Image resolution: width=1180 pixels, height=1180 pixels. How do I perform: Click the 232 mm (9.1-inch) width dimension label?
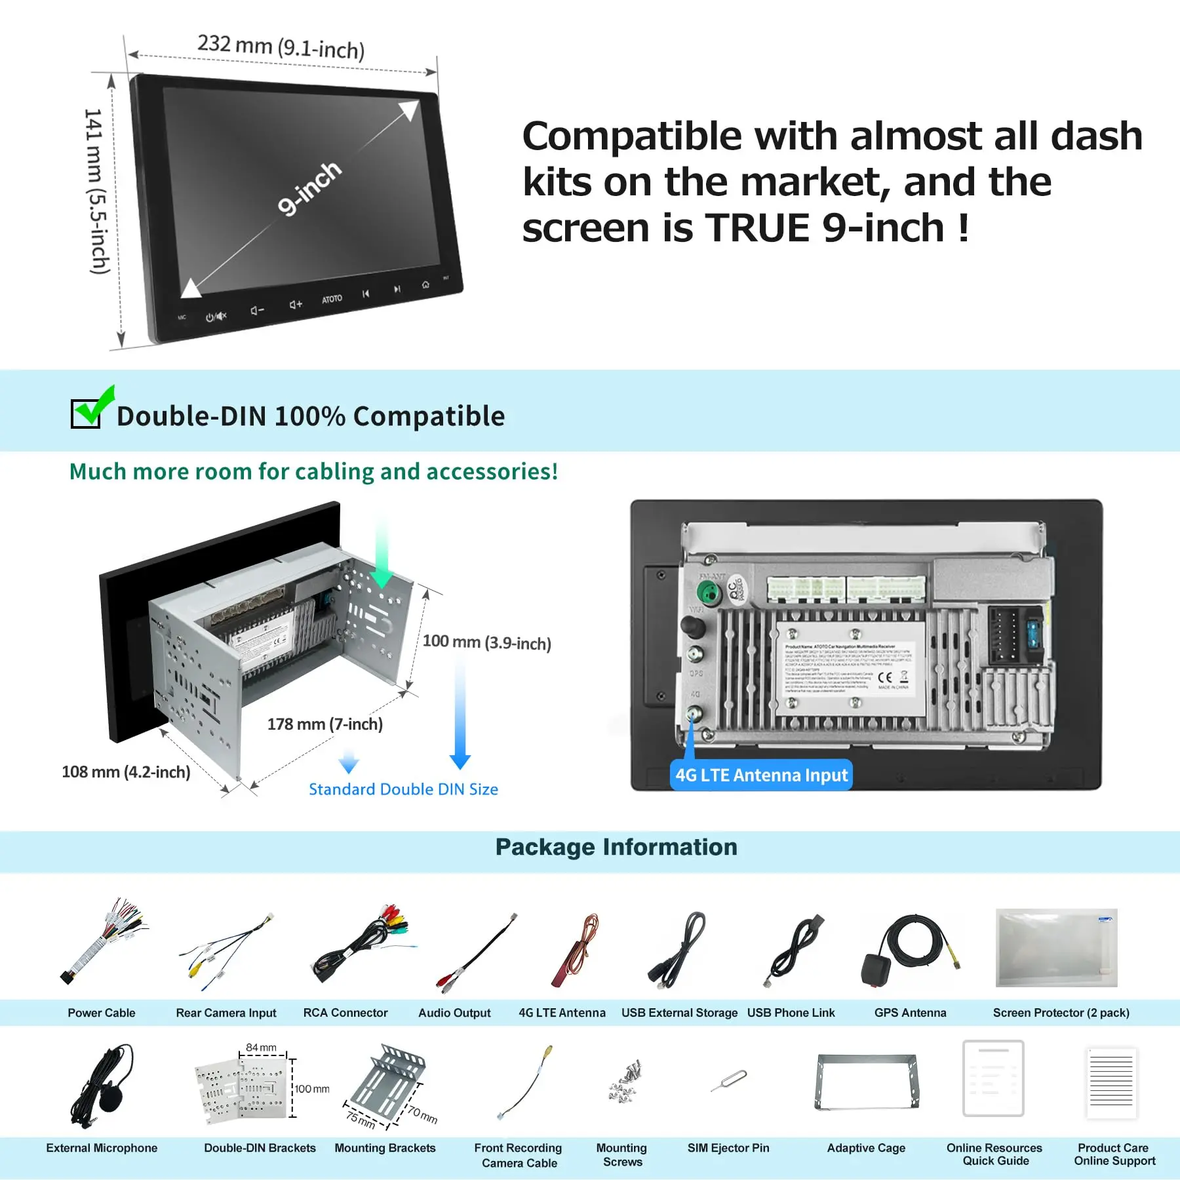pos(281,47)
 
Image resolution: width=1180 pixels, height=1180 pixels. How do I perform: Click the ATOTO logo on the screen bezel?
pos(332,299)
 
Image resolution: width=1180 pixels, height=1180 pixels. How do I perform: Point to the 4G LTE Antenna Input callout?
pos(761,775)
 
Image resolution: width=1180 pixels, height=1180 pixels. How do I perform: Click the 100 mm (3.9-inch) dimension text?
pos(486,642)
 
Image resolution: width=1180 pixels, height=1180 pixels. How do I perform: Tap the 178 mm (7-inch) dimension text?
pos(324,724)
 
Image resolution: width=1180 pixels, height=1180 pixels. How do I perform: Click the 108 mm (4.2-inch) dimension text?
pos(126,772)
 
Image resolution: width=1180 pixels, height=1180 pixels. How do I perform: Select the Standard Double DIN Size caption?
pos(403,789)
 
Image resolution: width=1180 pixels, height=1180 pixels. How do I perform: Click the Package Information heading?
pos(616,847)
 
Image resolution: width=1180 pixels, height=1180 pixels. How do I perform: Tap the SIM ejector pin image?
pos(729,1081)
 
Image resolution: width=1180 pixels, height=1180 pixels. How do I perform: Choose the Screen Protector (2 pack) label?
pos(1061,1013)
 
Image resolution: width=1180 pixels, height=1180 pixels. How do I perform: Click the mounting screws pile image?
pos(624,1082)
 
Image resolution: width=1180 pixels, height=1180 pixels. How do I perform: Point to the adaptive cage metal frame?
pos(867,1082)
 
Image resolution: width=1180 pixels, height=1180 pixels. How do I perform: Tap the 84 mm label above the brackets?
pos(261,1048)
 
